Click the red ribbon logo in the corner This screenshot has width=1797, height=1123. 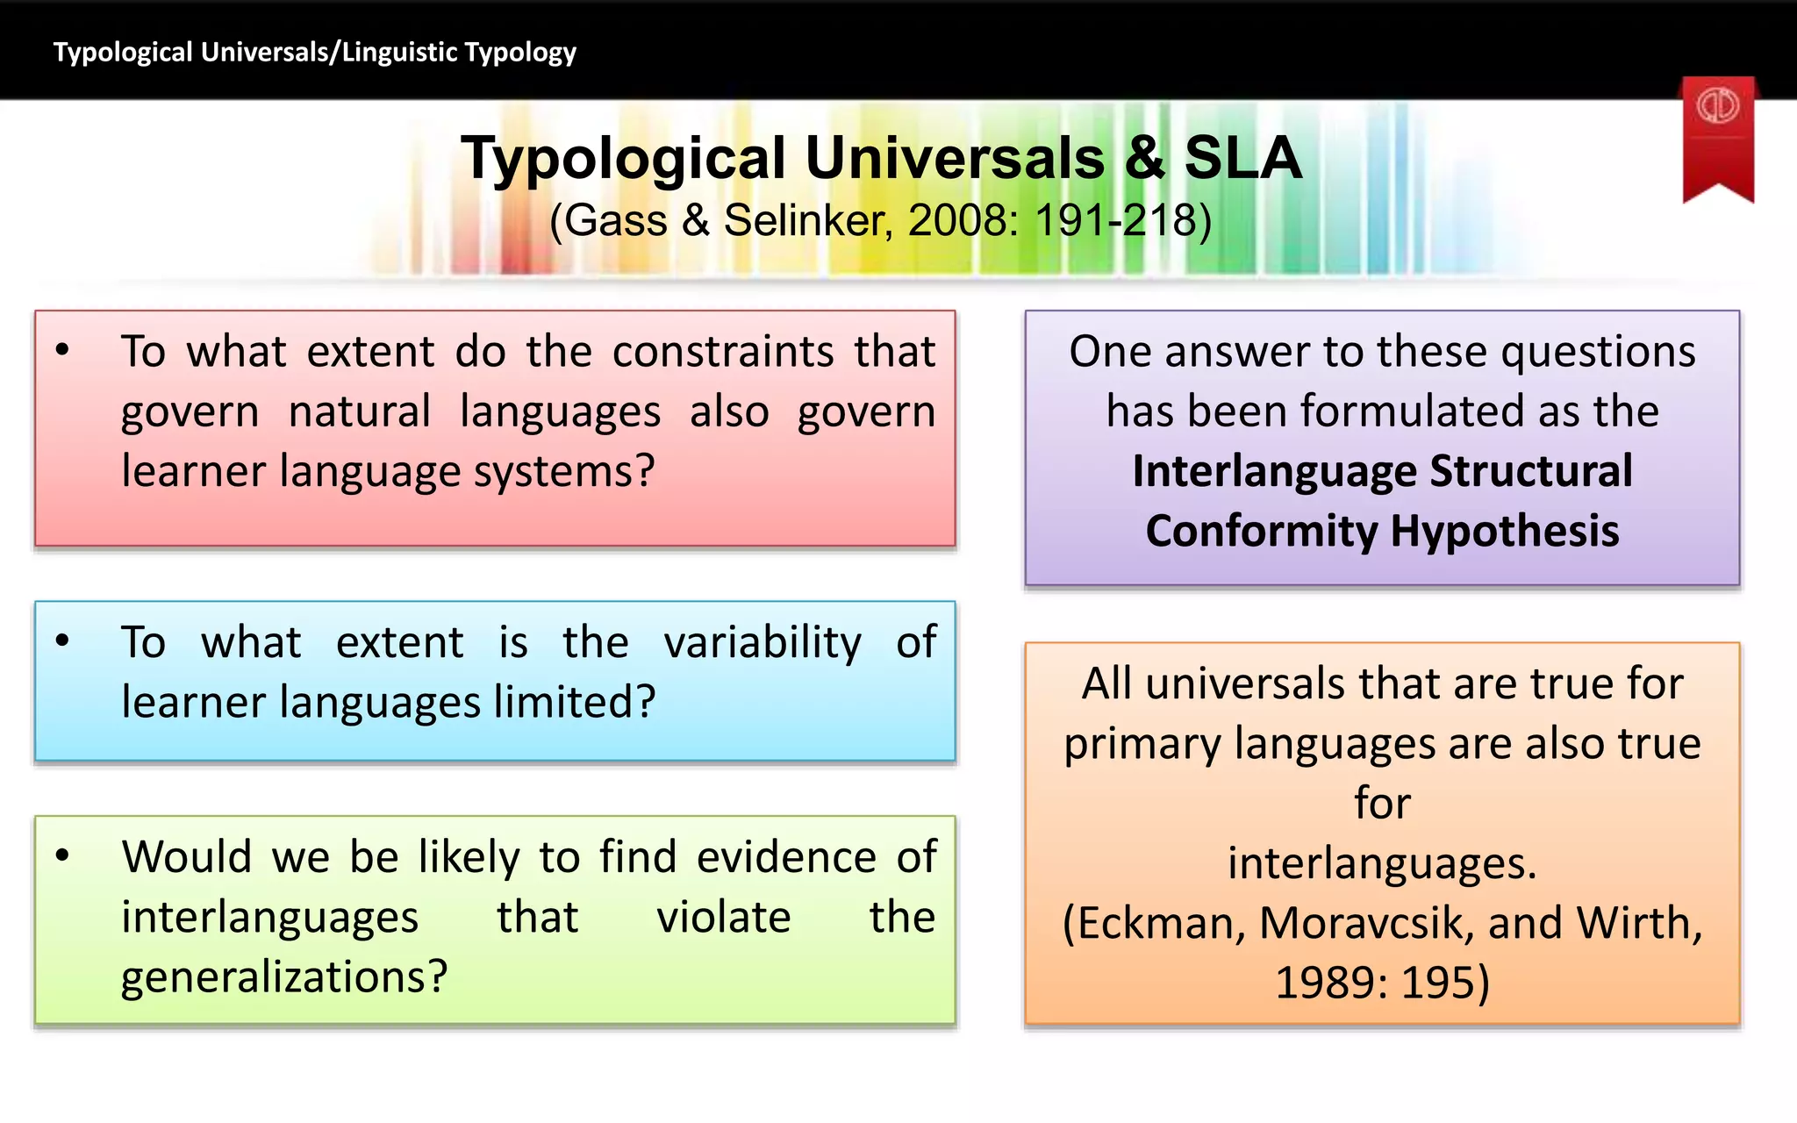pyautogui.click(x=1717, y=132)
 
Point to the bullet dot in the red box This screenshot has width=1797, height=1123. pyautogui.click(x=62, y=350)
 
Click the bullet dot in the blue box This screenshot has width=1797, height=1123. pyautogui.click(x=62, y=640)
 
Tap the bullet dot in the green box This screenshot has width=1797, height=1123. pyautogui.click(x=62, y=855)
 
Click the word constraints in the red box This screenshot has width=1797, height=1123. pyautogui.click(x=722, y=352)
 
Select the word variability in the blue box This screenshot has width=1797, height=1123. pyautogui.click(x=762, y=643)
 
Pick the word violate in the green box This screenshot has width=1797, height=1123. pyautogui.click(x=723, y=918)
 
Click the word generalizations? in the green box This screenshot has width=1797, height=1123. pyautogui.click(x=284, y=977)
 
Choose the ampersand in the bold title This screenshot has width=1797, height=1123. pyautogui.click(x=1144, y=159)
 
